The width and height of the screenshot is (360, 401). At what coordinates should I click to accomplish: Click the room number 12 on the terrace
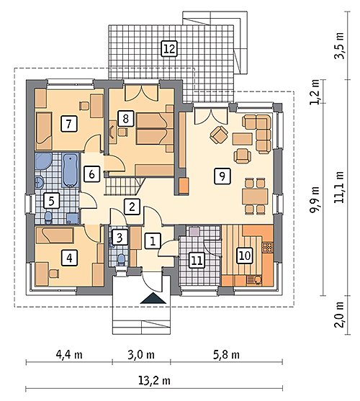[x=169, y=48]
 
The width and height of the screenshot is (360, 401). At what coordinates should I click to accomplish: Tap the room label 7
[x=69, y=124]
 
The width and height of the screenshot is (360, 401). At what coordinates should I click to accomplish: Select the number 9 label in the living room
[x=222, y=176]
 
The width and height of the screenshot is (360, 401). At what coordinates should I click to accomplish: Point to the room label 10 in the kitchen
[x=245, y=256]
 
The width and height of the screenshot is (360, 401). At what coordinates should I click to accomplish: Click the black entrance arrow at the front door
[x=153, y=298]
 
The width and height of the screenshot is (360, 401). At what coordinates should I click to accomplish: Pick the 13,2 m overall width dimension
[x=154, y=380]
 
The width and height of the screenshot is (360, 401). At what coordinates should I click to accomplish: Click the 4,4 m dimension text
[x=69, y=355]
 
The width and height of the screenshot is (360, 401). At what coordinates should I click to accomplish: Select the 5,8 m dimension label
[x=226, y=355]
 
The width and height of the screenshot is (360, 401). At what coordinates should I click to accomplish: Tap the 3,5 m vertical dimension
[x=340, y=46]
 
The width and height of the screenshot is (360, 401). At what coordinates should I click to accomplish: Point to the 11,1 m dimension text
[x=340, y=187]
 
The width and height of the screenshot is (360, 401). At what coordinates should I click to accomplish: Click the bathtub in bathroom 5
[x=70, y=170]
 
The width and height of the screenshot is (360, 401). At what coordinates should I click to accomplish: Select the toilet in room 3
[x=120, y=259]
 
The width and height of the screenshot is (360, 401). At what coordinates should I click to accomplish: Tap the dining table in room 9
[x=255, y=196]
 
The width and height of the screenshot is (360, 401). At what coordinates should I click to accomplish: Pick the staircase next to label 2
[x=125, y=186]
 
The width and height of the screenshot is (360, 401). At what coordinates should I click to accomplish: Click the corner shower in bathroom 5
[x=43, y=161]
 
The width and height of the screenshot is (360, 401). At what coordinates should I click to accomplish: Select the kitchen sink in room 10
[x=254, y=280]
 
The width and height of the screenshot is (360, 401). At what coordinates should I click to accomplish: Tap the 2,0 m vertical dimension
[x=340, y=315]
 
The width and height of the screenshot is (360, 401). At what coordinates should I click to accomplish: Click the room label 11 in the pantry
[x=197, y=261]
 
